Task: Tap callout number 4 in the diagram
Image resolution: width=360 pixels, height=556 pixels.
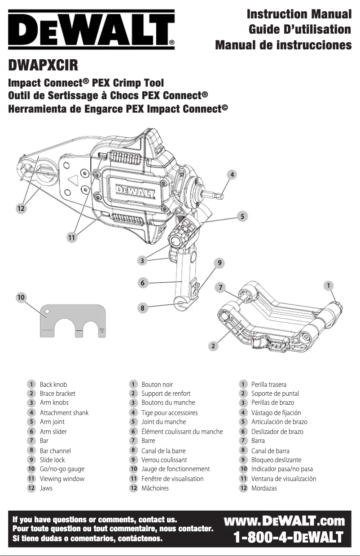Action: click(232, 175)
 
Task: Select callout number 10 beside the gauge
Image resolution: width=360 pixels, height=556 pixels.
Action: click(21, 297)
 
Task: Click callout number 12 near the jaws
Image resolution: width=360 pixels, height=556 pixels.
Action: click(21, 209)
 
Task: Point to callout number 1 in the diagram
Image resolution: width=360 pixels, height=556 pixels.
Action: click(329, 285)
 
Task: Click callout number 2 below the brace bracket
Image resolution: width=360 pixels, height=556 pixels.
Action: click(214, 346)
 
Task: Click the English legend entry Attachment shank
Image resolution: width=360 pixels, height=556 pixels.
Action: click(64, 412)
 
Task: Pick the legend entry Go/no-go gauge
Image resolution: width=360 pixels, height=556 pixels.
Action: click(62, 469)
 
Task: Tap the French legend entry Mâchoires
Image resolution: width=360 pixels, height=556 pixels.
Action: click(155, 488)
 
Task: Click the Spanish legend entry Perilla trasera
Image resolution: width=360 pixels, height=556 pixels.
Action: click(268, 385)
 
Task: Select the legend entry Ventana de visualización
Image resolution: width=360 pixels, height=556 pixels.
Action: click(283, 479)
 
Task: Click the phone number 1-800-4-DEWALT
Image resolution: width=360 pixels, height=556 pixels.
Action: click(288, 537)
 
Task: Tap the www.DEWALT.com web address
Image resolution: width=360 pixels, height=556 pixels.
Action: click(284, 521)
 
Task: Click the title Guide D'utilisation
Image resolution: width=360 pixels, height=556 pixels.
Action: click(300, 30)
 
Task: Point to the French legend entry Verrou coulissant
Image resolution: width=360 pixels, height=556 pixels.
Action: click(164, 460)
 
